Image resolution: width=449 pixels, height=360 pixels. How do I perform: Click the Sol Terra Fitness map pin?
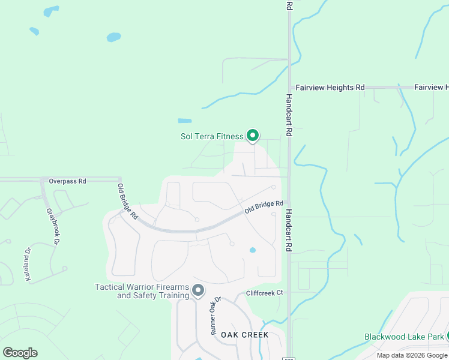point(253,136)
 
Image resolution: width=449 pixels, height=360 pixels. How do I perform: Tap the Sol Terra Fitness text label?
point(212,136)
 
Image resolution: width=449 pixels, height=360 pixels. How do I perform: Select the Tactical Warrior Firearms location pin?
point(199,291)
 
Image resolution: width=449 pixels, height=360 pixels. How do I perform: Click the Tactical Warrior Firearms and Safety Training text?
point(142,291)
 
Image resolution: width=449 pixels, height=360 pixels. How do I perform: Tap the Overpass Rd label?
point(67,181)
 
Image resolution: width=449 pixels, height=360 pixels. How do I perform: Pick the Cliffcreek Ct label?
point(264,293)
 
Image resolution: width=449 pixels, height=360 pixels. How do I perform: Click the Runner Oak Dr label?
point(215,315)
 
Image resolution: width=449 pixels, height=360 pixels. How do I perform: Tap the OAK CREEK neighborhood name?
point(244,334)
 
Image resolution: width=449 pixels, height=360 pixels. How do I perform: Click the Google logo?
point(20,353)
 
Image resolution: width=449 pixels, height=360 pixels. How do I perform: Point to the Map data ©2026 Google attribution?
point(412,355)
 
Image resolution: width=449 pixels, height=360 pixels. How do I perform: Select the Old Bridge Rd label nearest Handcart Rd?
point(264,208)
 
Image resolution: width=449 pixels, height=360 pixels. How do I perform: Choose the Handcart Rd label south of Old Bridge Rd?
point(289,230)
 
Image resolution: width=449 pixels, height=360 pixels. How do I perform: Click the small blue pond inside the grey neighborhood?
point(253,250)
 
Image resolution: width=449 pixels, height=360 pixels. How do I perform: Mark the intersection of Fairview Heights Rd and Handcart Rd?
point(289,88)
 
